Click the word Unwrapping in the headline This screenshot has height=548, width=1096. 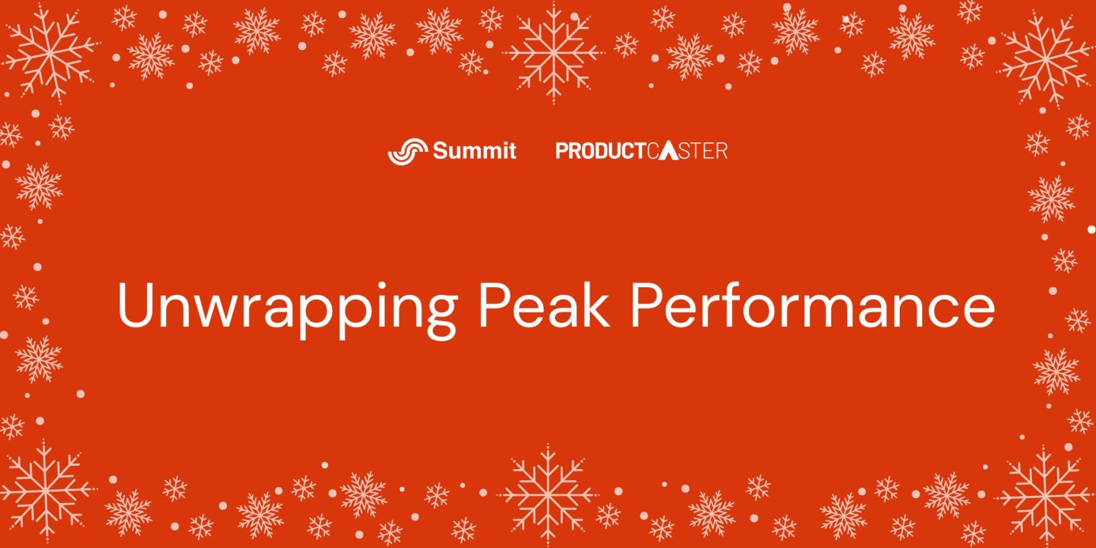(287, 309)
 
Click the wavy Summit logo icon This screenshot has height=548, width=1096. (408, 151)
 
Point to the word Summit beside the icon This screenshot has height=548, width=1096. (474, 150)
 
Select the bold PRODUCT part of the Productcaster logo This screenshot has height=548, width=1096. (601, 151)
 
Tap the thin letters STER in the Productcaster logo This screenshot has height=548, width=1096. (703, 151)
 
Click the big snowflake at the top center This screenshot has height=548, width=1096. (553, 52)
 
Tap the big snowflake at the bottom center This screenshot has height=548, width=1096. (548, 495)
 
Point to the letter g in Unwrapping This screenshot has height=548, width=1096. (442, 315)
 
